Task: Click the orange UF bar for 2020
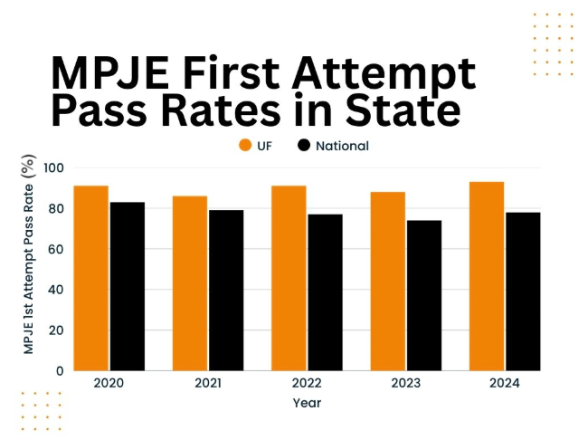pos(91,278)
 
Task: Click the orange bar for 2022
pos(289,278)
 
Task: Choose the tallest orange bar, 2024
pos(487,276)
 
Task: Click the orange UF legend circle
pos(244,146)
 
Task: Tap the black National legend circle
pos(304,146)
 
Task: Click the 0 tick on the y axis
pos(60,370)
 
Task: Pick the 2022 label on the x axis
pos(307,384)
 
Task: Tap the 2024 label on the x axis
pos(505,384)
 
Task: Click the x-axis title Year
pos(307,403)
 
